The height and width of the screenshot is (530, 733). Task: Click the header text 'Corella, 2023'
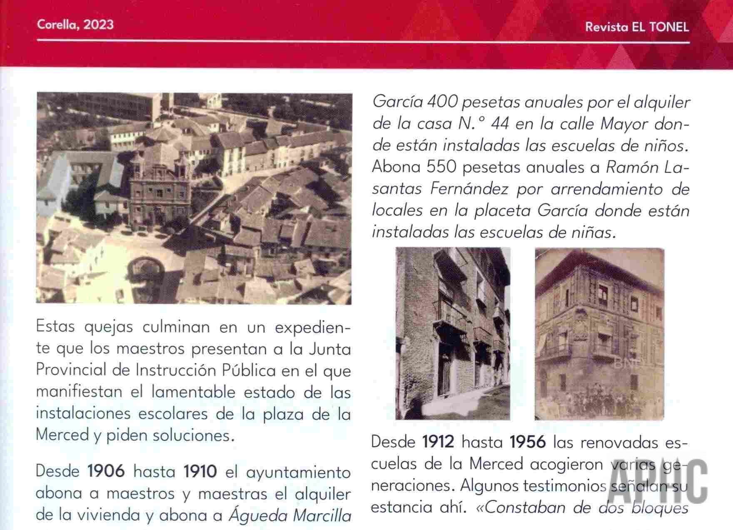pyautogui.click(x=75, y=25)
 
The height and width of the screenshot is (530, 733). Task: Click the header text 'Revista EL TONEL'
pyautogui.click(x=637, y=27)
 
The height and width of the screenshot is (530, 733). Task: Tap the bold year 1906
pyautogui.click(x=106, y=471)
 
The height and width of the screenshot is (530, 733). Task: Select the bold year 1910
pyautogui.click(x=200, y=471)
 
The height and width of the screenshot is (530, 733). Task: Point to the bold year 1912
pyautogui.click(x=438, y=442)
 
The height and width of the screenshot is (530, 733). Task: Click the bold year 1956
pyautogui.click(x=528, y=442)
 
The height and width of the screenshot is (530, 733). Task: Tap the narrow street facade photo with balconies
pyautogui.click(x=453, y=333)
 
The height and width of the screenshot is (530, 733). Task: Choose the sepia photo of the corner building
pyautogui.click(x=599, y=333)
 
